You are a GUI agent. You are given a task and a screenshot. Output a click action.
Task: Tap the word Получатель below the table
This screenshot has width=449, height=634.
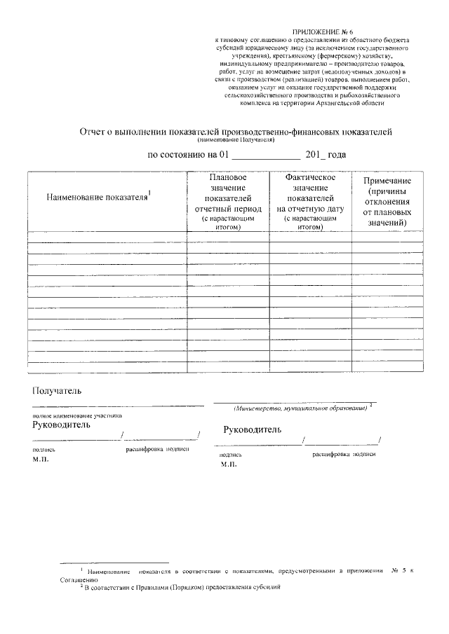tap(57, 390)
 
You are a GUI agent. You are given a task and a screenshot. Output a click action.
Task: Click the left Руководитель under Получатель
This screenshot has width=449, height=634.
tap(61, 425)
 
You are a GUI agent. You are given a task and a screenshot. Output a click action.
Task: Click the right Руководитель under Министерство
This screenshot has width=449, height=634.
tap(253, 429)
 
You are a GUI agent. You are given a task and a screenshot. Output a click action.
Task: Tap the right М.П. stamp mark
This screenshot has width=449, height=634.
tap(229, 464)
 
